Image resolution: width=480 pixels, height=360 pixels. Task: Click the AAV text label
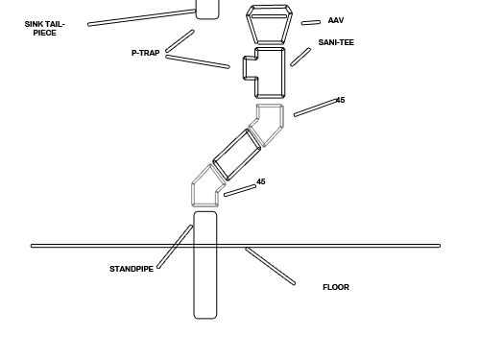(x=335, y=20)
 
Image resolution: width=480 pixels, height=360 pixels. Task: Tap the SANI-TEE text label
(x=336, y=42)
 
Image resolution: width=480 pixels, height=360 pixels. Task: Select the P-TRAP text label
(x=146, y=53)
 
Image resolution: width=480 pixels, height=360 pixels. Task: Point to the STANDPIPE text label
(x=132, y=269)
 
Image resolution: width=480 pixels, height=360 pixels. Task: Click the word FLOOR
(x=336, y=287)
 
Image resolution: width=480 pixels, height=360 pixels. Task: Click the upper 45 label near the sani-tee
(x=341, y=100)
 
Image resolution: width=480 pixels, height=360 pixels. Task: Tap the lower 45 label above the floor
(x=261, y=181)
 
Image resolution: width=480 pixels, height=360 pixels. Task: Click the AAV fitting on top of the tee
(x=269, y=25)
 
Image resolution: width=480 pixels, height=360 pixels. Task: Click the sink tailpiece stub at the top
(x=208, y=9)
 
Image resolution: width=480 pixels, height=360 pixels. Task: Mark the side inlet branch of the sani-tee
(x=250, y=69)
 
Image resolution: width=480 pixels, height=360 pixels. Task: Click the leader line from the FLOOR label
(x=271, y=267)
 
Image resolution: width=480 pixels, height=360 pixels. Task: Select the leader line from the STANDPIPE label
(x=175, y=247)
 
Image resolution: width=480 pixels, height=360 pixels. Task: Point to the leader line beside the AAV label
(x=311, y=22)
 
